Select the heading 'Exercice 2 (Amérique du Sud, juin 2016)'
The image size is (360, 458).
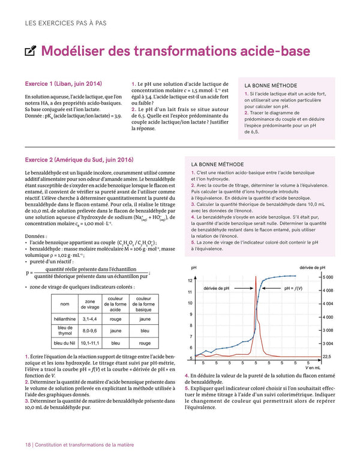79,160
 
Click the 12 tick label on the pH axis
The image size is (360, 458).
190,281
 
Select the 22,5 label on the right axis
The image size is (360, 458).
326,356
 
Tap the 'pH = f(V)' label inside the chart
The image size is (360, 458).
293,288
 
